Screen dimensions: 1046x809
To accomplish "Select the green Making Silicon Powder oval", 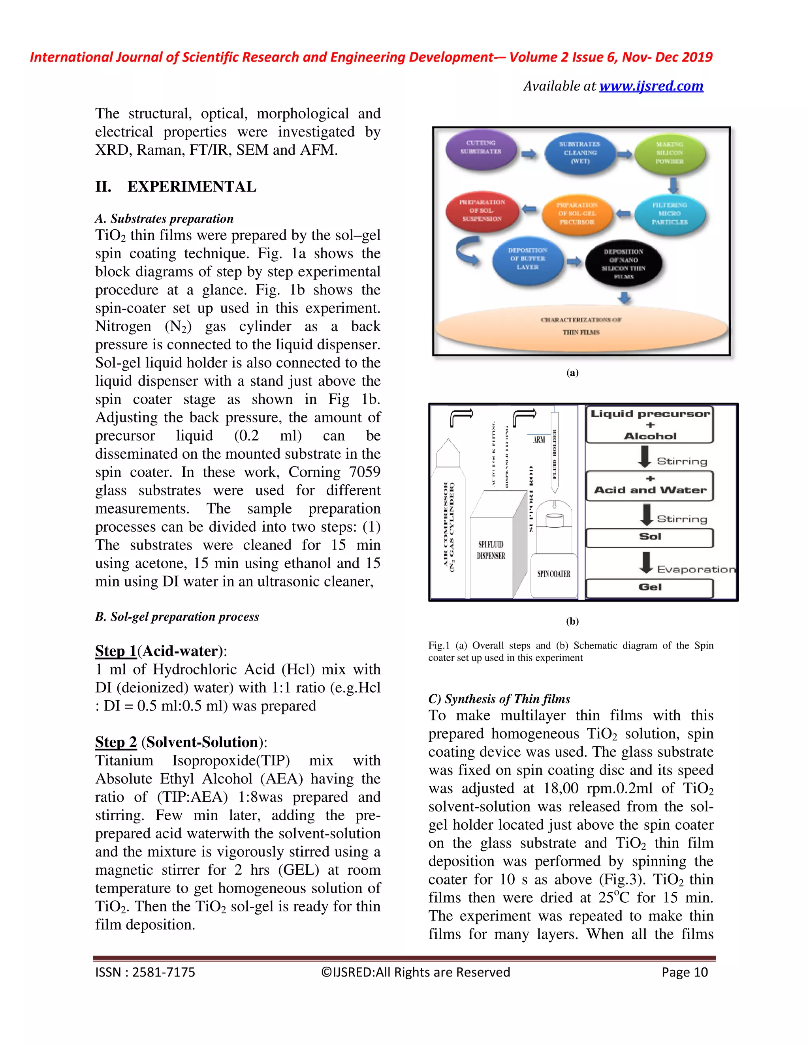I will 670,153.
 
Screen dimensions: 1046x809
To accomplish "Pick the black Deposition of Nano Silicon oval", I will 623,263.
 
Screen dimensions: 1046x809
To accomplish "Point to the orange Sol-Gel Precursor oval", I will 577,214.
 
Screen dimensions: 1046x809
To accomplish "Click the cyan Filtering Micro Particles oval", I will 670,214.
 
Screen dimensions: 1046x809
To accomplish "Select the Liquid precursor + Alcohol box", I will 650,425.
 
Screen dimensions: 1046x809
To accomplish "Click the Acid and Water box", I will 650,489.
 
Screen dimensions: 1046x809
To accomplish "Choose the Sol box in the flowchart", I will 650,537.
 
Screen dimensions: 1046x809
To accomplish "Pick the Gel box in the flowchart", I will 650,588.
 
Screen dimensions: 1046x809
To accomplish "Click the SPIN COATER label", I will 553,574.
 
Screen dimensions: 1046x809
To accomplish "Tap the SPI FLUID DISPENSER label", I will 491,550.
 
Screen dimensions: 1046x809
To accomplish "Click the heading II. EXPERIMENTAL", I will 175,187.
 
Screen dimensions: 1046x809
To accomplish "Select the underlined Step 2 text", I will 116,742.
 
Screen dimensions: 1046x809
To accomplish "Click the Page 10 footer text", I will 685,972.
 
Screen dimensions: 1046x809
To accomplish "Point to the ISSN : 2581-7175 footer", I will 145,972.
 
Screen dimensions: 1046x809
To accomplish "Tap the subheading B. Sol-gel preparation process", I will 177,617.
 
